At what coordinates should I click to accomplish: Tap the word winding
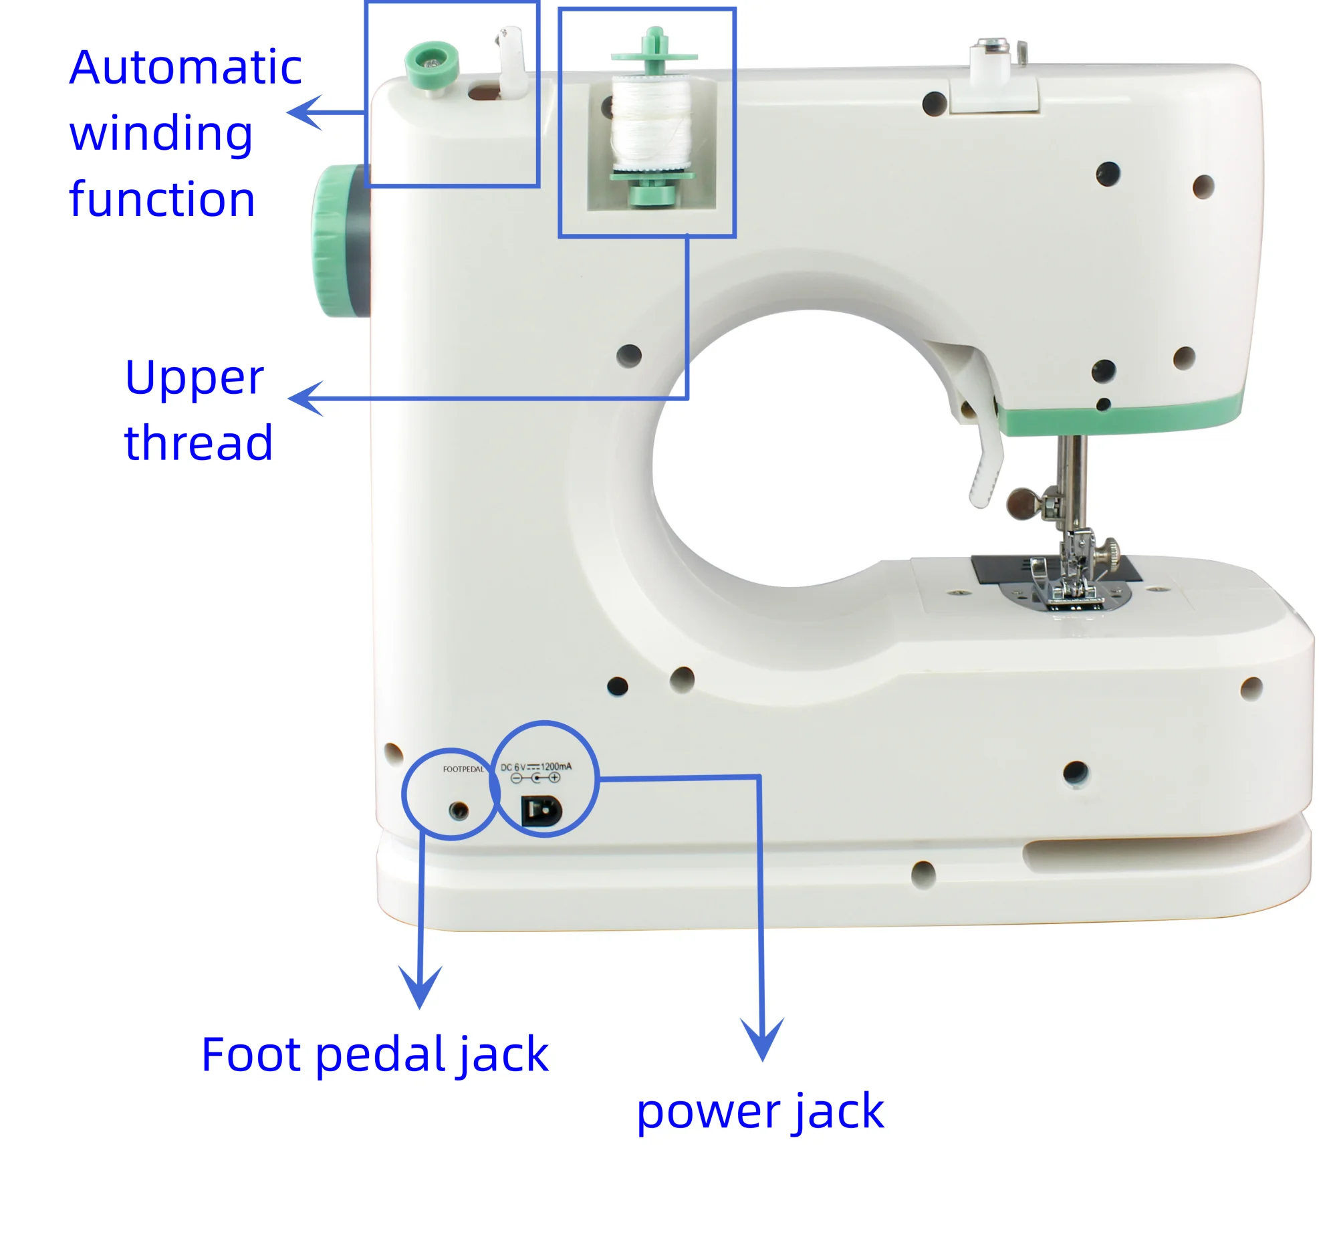[x=160, y=133]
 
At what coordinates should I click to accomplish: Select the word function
[x=162, y=199]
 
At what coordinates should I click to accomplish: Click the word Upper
[x=194, y=378]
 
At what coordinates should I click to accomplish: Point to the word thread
[x=199, y=443]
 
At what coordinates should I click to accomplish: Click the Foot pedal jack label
[x=374, y=1054]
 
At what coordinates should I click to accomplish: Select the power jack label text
[x=760, y=1112]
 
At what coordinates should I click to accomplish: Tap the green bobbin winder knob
[x=432, y=62]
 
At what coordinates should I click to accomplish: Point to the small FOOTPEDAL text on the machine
[x=463, y=770]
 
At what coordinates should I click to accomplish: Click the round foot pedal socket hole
[x=459, y=810]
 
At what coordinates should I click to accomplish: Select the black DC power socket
[x=541, y=810]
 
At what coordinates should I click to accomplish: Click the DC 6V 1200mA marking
[x=536, y=767]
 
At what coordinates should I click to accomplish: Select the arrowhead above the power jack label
[x=762, y=1036]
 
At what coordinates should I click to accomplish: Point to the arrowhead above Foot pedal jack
[x=420, y=986]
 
